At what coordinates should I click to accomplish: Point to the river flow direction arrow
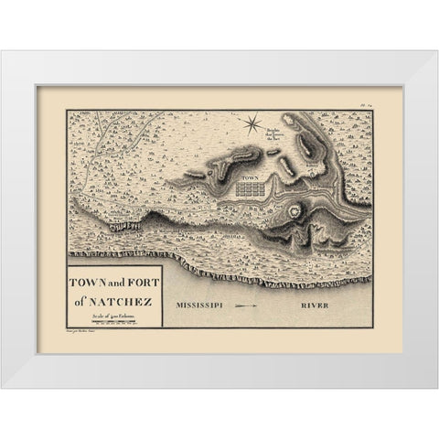coord(254,302)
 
